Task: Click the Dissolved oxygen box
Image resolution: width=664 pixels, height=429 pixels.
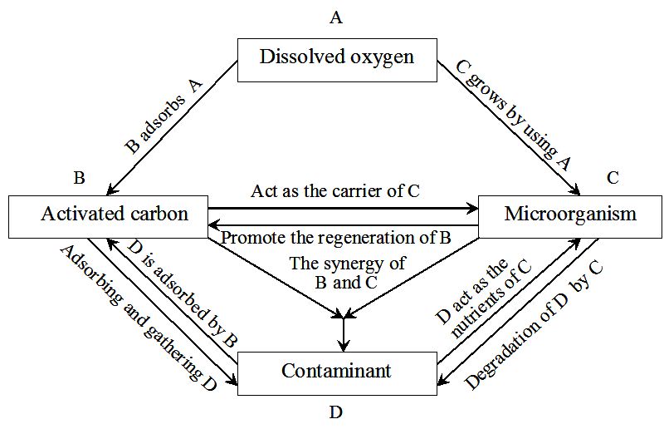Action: [x=336, y=58]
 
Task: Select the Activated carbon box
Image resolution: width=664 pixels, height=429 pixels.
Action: [x=108, y=215]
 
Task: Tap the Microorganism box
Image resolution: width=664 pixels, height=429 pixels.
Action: [x=570, y=215]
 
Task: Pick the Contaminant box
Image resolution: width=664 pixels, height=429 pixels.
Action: [x=336, y=372]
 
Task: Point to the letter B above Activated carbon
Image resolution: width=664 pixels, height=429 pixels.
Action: [x=79, y=178]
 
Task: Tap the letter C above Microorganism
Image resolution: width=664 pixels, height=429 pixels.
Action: [x=613, y=178]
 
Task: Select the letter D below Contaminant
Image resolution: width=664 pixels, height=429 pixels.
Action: [x=336, y=412]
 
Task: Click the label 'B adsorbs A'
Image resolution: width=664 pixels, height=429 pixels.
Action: [x=164, y=116]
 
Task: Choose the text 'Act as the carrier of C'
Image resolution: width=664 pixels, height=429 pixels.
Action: [x=335, y=191]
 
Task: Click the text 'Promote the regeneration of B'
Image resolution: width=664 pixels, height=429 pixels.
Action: [x=335, y=238]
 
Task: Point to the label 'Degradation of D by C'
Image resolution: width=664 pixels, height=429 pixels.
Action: [x=533, y=325]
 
